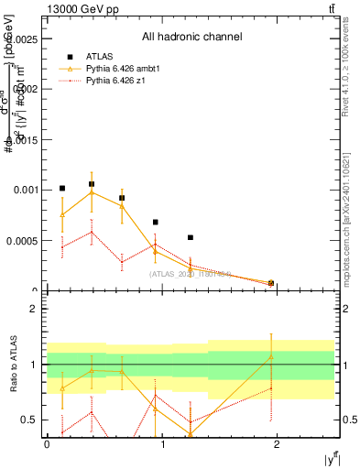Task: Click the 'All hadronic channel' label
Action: tap(191, 38)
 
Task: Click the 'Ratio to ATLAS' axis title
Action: tap(12, 364)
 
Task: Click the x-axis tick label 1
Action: tap(163, 443)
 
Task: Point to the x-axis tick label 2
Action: tap(279, 443)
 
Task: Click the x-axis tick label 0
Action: tap(47, 443)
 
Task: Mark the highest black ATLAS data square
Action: tap(92, 184)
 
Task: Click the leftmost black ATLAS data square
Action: tap(62, 188)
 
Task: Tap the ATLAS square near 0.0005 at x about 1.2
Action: tap(191, 237)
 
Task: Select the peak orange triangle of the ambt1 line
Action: tap(92, 191)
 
